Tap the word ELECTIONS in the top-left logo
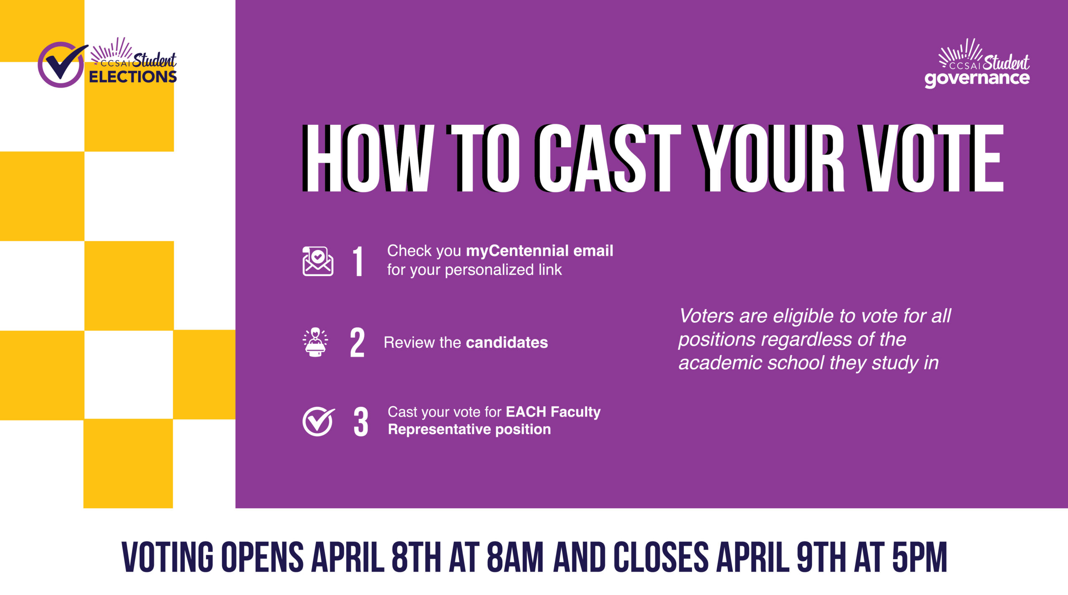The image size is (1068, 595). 133,77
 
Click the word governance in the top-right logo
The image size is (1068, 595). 977,78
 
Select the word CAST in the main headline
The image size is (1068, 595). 607,158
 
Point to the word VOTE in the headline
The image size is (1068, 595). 931,158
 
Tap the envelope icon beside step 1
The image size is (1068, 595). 318,261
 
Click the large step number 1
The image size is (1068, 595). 358,261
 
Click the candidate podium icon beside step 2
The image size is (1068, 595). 315,342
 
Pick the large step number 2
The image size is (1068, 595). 357,342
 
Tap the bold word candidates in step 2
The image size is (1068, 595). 507,342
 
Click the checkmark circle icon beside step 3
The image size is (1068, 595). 318,421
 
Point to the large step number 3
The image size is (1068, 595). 361,422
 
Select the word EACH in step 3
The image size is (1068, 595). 526,412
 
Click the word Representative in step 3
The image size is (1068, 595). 440,430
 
